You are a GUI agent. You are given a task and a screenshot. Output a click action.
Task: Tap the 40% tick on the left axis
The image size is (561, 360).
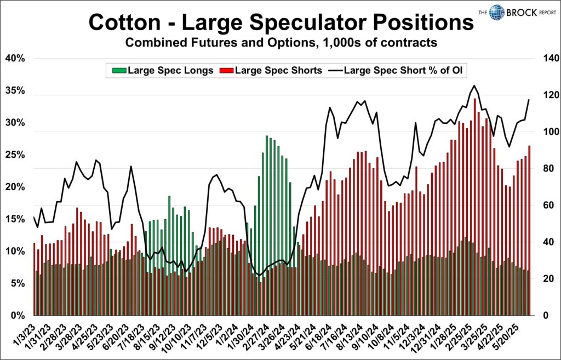click(x=14, y=59)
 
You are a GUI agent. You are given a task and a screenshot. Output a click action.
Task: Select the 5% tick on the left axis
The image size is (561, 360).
click(x=16, y=284)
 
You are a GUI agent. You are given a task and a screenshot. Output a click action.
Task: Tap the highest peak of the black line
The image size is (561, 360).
click(x=474, y=85)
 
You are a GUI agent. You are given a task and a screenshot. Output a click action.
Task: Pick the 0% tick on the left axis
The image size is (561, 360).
click(x=16, y=316)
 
